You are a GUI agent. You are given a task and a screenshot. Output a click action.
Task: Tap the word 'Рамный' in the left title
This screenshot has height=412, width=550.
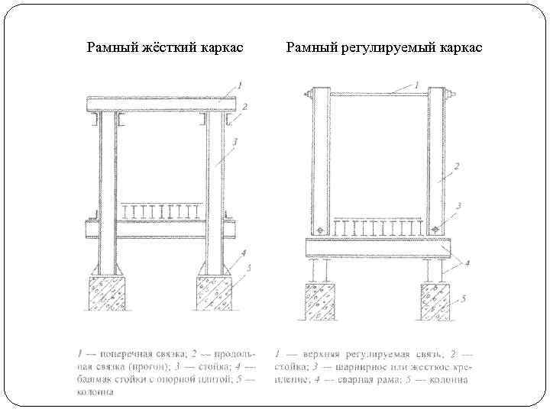(111, 47)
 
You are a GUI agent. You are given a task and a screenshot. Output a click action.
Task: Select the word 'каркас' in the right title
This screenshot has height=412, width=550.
(461, 47)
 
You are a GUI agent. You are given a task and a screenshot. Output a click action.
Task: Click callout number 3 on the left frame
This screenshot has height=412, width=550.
(236, 142)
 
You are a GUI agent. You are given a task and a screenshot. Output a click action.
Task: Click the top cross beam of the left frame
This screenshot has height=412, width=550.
(160, 104)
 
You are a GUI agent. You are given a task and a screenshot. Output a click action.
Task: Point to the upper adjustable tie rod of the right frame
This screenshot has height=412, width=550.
(378, 93)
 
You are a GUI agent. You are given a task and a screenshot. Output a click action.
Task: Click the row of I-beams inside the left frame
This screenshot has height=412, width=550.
(160, 211)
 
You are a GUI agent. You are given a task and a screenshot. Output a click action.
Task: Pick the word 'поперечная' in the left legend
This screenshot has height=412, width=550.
(134, 353)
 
